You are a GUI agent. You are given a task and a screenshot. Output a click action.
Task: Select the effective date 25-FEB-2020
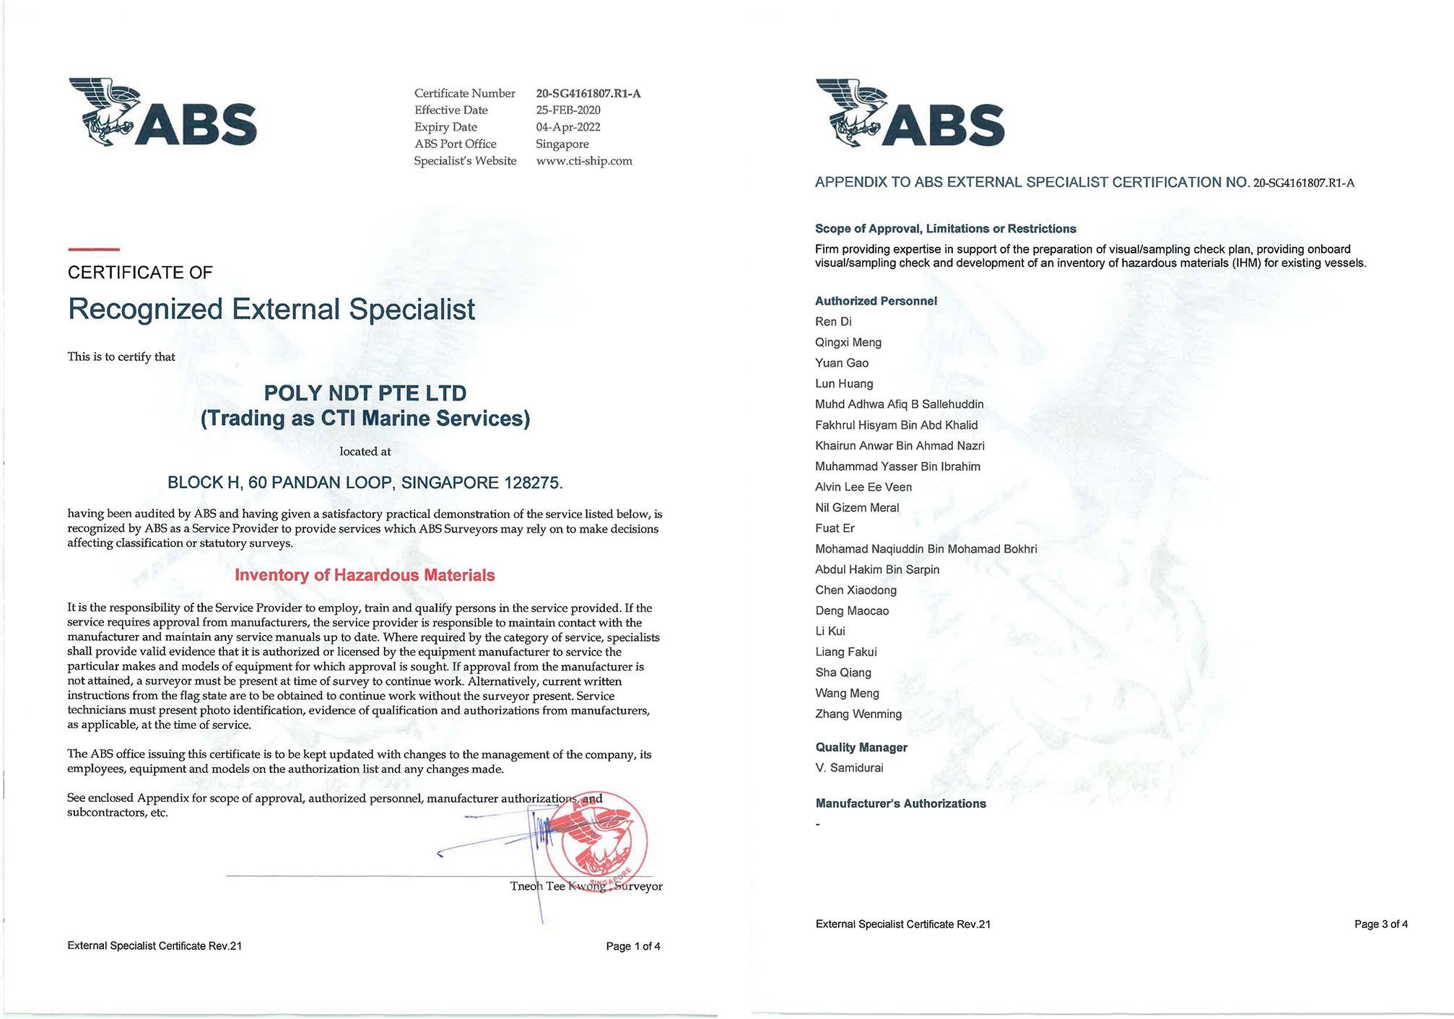click(x=568, y=110)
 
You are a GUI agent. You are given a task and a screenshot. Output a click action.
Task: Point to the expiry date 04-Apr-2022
click(x=568, y=127)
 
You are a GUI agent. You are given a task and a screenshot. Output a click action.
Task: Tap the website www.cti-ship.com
click(x=584, y=161)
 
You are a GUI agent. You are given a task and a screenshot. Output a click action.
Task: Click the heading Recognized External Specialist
click(x=271, y=309)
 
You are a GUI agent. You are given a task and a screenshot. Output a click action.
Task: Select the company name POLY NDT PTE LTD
click(x=365, y=393)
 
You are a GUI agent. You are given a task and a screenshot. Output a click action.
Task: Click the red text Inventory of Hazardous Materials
click(x=365, y=575)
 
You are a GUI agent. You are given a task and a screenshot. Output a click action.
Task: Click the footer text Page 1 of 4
click(x=633, y=946)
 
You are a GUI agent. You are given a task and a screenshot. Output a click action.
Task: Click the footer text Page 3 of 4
click(x=1381, y=924)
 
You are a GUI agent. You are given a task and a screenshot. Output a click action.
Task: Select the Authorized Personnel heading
click(x=876, y=301)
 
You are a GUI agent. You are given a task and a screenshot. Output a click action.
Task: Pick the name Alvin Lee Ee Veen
click(x=863, y=487)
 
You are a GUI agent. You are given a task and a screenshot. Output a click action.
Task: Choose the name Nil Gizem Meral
click(x=857, y=508)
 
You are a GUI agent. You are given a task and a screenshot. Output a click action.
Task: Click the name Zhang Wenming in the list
click(x=858, y=714)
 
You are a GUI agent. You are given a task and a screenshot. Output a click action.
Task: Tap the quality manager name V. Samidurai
click(x=849, y=768)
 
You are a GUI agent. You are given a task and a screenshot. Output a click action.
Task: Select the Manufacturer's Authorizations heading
click(x=900, y=804)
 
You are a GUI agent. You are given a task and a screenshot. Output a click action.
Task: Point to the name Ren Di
click(x=833, y=322)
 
